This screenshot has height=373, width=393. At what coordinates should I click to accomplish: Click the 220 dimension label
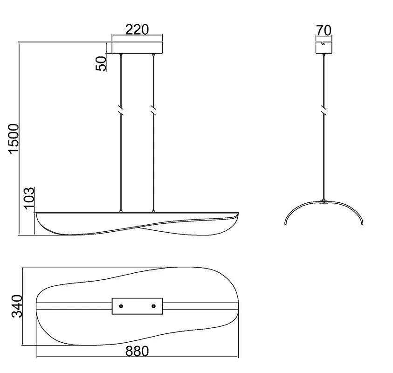pyautogui.click(x=137, y=29)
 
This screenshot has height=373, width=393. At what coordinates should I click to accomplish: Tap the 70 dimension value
pyautogui.click(x=324, y=30)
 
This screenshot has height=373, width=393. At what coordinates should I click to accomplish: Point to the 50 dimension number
pyautogui.click(x=101, y=63)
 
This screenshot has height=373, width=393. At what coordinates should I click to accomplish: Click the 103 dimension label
pyautogui.click(x=29, y=198)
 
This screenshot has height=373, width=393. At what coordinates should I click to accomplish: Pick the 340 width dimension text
pyautogui.click(x=17, y=306)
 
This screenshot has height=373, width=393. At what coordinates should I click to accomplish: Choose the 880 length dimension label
pyautogui.click(x=137, y=351)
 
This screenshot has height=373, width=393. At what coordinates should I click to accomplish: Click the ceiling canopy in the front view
pyautogui.click(x=137, y=48)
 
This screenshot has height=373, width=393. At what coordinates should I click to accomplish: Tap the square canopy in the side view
pyautogui.click(x=324, y=48)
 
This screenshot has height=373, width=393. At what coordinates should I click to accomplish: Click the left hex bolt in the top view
pyautogui.click(x=121, y=306)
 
